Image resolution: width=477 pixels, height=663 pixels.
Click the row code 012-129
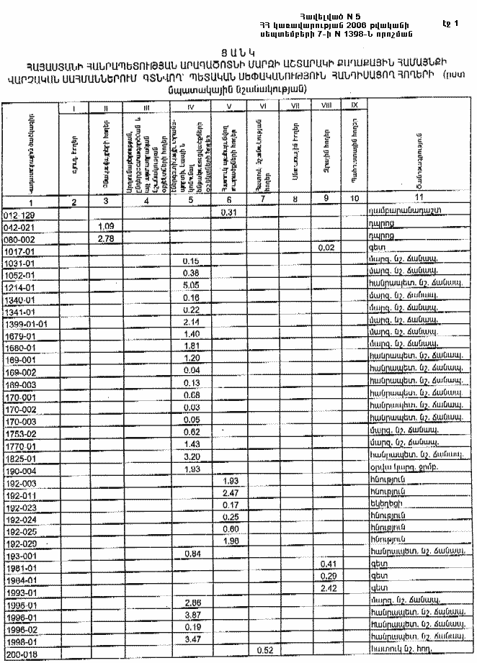[x=19, y=214]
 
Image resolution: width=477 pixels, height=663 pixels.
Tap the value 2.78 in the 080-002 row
[x=106, y=238]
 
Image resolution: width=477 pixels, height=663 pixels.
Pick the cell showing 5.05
[x=191, y=285]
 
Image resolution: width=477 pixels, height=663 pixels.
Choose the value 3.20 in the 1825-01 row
[x=191, y=456]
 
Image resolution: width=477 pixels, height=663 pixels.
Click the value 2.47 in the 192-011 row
[x=229, y=492]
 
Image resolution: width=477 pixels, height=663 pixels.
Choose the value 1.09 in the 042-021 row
[x=106, y=225]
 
